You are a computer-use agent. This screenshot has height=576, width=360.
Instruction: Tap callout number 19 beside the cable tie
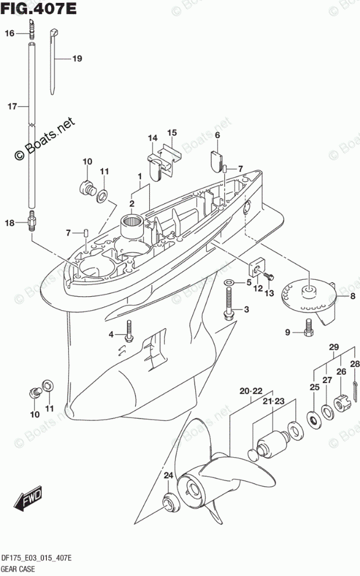coord(77,58)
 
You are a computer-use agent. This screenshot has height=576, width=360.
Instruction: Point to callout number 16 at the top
coord(10,34)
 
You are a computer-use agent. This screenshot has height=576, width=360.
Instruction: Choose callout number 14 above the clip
coord(153,138)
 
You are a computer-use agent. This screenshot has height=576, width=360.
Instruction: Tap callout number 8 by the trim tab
coord(352,296)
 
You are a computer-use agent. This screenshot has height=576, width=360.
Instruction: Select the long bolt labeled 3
coord(228,305)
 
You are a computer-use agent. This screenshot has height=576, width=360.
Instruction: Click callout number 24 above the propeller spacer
coord(168,476)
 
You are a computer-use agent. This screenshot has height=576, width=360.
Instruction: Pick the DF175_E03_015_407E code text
coord(37,558)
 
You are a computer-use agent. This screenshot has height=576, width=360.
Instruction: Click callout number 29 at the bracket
coord(334,347)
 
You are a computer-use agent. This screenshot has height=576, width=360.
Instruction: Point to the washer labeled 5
coord(229,283)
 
